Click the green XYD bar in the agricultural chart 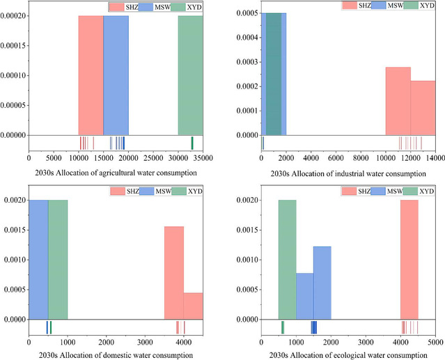pos(190,75)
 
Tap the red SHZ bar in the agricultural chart pos(91,75)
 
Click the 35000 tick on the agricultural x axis pos(203,159)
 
